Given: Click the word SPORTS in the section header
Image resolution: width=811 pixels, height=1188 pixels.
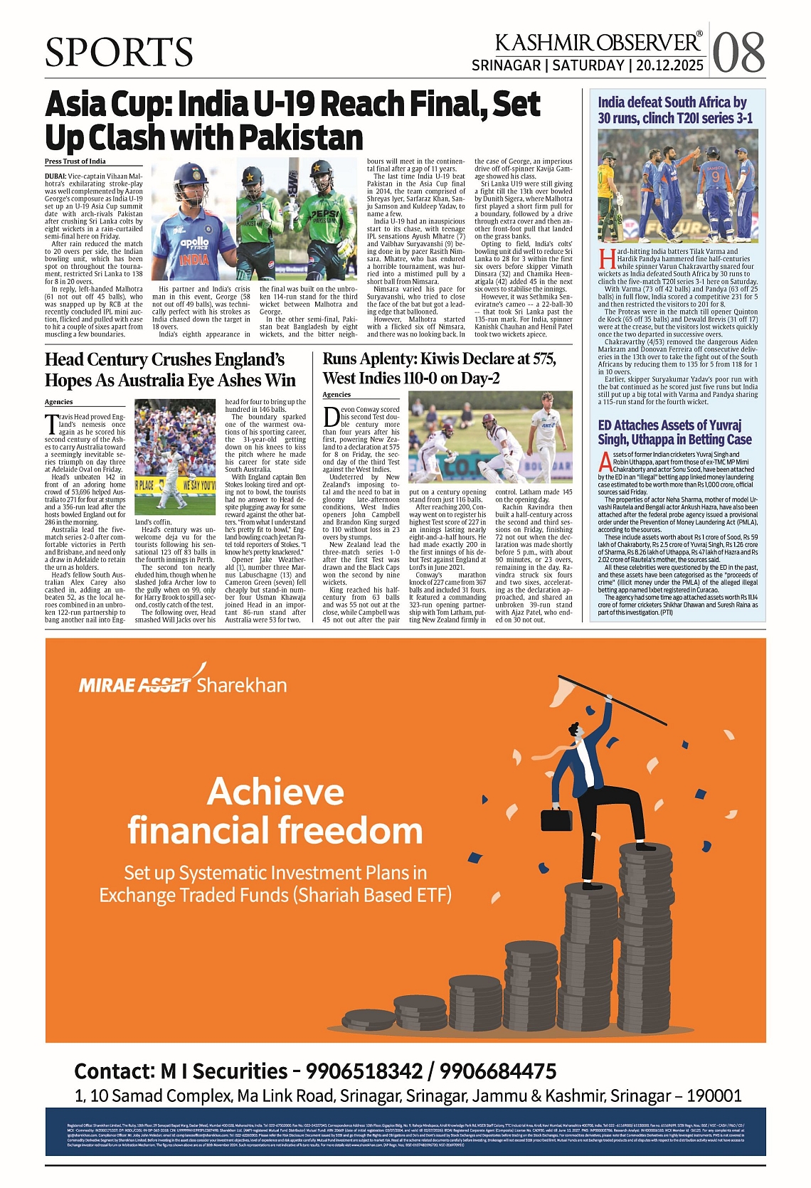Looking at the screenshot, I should (x=119, y=53).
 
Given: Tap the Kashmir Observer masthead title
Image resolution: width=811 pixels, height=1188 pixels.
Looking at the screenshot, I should (x=598, y=43).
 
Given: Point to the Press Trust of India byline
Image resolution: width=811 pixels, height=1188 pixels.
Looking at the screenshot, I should (x=75, y=161).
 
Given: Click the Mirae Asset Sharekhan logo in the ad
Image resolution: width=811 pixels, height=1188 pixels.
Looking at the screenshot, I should (x=183, y=684).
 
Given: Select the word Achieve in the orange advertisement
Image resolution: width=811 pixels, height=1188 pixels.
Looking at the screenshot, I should (x=275, y=792).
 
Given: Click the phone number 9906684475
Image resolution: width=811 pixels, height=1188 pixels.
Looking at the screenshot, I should (x=497, y=1071).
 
